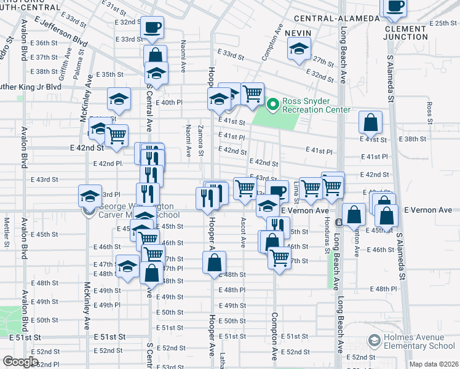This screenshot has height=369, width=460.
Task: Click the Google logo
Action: pyautogui.click(x=20, y=362)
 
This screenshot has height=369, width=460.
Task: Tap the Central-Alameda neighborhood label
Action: pyautogui.click(x=336, y=18)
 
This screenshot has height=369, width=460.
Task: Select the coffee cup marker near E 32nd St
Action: pyautogui.click(x=152, y=28)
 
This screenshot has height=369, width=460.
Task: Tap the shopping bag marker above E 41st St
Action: pyautogui.click(x=371, y=122)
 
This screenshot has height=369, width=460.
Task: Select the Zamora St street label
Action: pyautogui.click(x=201, y=141)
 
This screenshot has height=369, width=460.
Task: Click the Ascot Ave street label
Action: pyautogui.click(x=244, y=232)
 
